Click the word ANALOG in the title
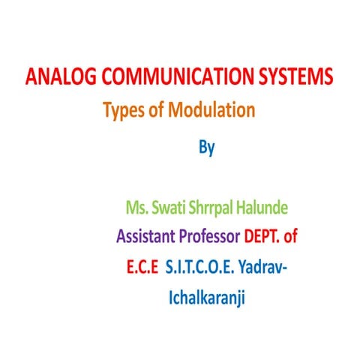coord(61,76)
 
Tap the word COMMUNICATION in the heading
coord(177,76)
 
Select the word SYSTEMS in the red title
coord(295,76)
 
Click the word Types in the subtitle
coord(124,110)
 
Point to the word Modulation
coord(211,109)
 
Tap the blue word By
coord(207,148)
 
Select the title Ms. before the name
coord(137,208)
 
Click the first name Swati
coord(169,208)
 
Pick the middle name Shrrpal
coord(211,208)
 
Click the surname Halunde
coord(262,208)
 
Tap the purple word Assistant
coord(145,235)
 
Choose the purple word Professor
coord(209,235)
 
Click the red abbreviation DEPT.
coord(262,235)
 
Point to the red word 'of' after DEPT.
coord(290,235)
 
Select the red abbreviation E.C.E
coord(142,267)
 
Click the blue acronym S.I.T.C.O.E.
coord(199,267)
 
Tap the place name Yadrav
coord(260,267)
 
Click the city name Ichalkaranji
coord(207,298)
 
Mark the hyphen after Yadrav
coord(284,268)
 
